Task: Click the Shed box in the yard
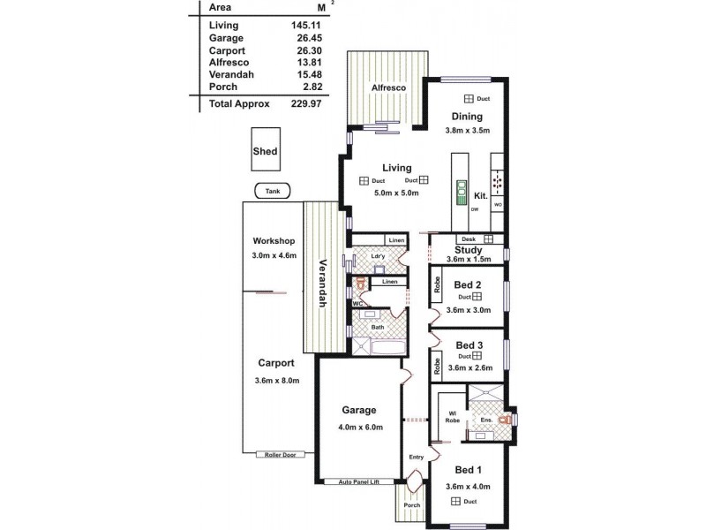tap(265, 151)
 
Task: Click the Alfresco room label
tap(387, 88)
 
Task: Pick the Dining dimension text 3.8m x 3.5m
tap(467, 131)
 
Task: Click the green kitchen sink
tap(460, 192)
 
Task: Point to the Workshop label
tap(273, 241)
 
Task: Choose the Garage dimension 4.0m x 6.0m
tap(359, 427)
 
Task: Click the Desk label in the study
tap(467, 239)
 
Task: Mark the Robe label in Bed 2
tap(437, 285)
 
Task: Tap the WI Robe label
tap(451, 416)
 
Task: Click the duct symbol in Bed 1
tap(457, 501)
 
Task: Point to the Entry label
tap(416, 457)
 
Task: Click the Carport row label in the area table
tap(227, 51)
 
